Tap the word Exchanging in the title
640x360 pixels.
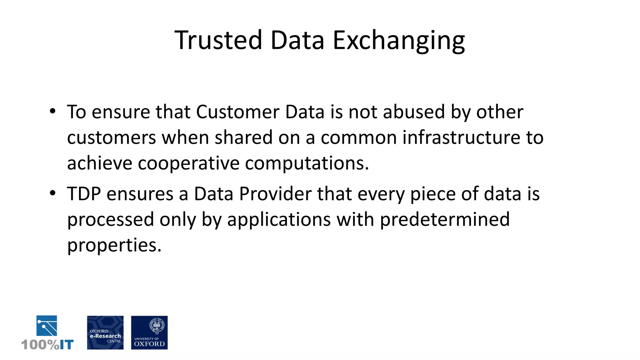click(399, 41)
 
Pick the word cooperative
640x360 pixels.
click(188, 163)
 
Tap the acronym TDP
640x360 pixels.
click(84, 194)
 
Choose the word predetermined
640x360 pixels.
click(445, 219)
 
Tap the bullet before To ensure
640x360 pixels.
click(52, 111)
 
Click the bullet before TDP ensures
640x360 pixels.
click(52, 193)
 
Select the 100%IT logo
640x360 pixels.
click(47, 332)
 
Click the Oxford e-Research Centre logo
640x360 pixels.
click(105, 332)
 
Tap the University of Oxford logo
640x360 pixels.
click(149, 332)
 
